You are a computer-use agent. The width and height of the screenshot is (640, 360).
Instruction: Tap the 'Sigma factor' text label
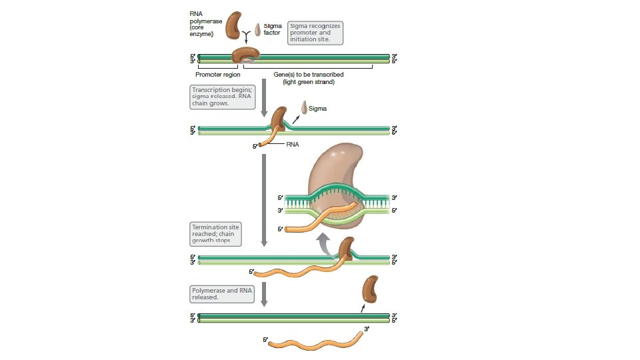272,29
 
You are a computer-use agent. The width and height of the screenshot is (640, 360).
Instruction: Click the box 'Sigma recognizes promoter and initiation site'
315,33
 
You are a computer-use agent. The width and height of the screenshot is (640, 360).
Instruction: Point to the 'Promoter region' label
217,75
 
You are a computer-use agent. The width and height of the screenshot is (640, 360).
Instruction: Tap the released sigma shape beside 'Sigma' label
303,107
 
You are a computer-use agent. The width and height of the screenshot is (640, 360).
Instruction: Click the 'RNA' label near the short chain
293,143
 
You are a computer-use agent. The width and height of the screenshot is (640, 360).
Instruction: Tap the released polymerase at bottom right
369,291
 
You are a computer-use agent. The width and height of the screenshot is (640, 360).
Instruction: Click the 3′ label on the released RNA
366,329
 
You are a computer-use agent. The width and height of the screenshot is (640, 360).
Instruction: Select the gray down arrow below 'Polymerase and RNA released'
264,294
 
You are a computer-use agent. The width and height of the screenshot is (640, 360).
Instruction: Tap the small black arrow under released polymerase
363,308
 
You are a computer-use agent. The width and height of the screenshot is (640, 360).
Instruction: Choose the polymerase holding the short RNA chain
277,120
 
